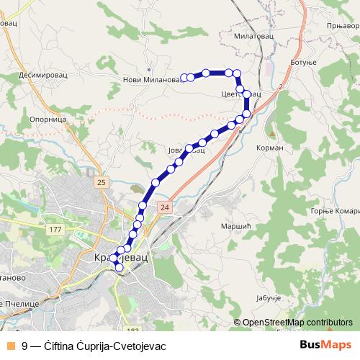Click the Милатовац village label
[x=253, y=35]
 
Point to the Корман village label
[x=270, y=148]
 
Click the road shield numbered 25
[x=100, y=183]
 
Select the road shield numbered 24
[x=166, y=207]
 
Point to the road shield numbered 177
[x=55, y=230]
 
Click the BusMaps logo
[x=325, y=345]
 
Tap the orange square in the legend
[x=9, y=346]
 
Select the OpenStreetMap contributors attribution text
[x=297, y=323]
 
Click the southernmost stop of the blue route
[x=120, y=269]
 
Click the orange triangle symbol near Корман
[x=271, y=133]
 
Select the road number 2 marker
[x=280, y=86]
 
